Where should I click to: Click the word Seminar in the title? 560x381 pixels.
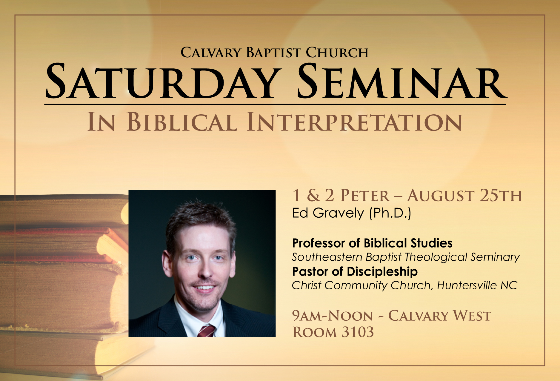coord(402,81)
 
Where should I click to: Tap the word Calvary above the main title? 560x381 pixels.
coord(211,53)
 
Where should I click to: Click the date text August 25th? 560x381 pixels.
coord(464,196)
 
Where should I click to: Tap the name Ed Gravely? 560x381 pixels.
coord(328,213)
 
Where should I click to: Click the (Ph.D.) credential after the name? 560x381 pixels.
coord(390,213)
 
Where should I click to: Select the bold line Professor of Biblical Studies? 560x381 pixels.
coord(372,243)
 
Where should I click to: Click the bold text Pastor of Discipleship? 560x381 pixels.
coord(355,272)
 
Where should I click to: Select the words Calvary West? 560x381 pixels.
coord(440,316)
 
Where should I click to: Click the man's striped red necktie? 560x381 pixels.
coord(206,331)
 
